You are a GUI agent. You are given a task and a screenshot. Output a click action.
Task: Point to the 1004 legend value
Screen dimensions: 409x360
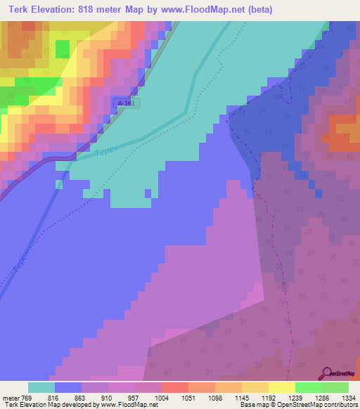pyautogui.click(x=162, y=397)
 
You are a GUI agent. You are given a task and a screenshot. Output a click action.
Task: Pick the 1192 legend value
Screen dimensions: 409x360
pyautogui.click(x=268, y=397)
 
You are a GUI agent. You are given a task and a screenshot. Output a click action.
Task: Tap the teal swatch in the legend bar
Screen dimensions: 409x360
pyautogui.click(x=41, y=387)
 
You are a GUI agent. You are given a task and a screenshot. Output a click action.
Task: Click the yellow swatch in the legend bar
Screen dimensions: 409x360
pyautogui.click(x=281, y=387)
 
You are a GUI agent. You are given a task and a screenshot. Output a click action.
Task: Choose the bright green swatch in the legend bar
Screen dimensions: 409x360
pyautogui.click(x=308, y=387)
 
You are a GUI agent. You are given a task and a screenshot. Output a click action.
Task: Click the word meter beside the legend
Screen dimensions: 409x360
pyautogui.click(x=11, y=397)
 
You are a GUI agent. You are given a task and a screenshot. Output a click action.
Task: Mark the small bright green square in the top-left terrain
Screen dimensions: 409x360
pyautogui.click(x=63, y=49)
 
